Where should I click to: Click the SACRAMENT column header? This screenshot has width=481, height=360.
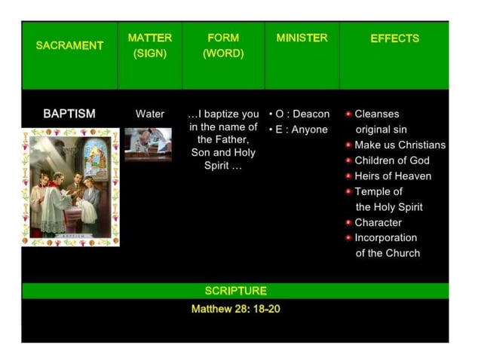point(69,45)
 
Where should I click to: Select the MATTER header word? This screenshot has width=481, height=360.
point(150,38)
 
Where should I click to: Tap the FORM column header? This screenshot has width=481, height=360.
point(222,38)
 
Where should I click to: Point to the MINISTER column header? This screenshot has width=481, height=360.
point(302,38)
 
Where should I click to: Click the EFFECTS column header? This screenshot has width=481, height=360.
point(394,38)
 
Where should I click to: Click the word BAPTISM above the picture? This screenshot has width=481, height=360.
point(69,114)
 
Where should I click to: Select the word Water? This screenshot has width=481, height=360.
point(149,114)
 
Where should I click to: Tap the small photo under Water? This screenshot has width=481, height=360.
point(148,144)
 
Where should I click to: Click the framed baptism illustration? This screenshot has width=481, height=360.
point(70,188)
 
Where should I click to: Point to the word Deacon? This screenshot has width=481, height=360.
point(311,114)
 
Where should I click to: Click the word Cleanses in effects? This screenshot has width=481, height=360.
point(377,114)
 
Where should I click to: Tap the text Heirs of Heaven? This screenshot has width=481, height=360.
point(393,176)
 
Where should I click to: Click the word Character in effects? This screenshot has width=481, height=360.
point(378,222)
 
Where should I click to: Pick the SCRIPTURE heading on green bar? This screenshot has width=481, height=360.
point(235,291)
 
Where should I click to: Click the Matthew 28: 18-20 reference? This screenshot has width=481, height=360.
point(235,309)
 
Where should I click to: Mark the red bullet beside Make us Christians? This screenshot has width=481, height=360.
point(348,145)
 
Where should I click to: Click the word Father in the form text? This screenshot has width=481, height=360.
point(231,139)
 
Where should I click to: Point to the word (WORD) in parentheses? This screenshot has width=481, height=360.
point(222,54)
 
